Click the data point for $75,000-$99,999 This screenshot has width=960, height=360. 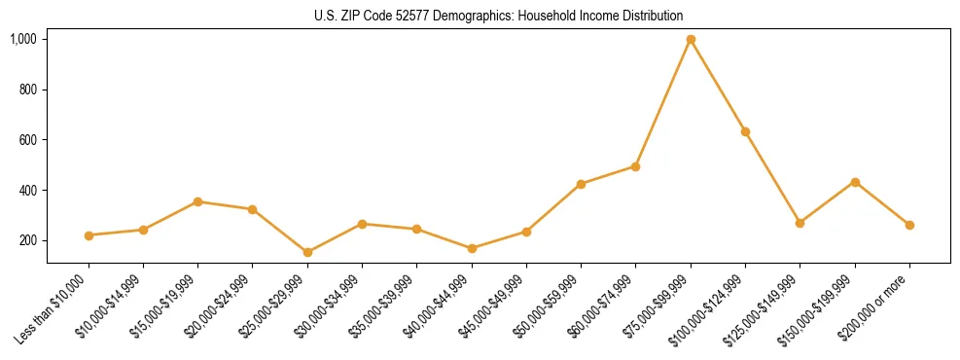click(691, 39)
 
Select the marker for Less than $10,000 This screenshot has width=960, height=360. click(89, 235)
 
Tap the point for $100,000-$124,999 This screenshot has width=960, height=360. click(745, 131)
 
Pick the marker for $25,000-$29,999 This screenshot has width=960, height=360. click(307, 252)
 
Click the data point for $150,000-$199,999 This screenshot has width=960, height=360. click(855, 182)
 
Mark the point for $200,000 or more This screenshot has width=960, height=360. click(909, 225)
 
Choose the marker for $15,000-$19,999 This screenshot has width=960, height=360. click(197, 201)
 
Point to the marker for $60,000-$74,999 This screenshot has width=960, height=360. click(635, 166)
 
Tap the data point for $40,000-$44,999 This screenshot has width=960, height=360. click(472, 248)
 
